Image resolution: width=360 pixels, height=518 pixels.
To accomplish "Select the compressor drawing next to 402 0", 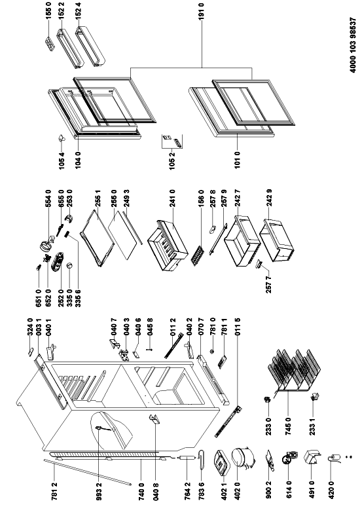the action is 243,459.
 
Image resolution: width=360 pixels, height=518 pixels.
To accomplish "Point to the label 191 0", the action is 202,11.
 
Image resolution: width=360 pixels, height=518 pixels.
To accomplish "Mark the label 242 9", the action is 270,198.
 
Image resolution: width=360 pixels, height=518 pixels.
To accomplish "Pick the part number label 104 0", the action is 78,160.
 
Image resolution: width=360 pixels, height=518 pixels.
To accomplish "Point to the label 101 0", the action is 238,160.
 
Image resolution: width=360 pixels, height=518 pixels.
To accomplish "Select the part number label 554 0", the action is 48,198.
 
